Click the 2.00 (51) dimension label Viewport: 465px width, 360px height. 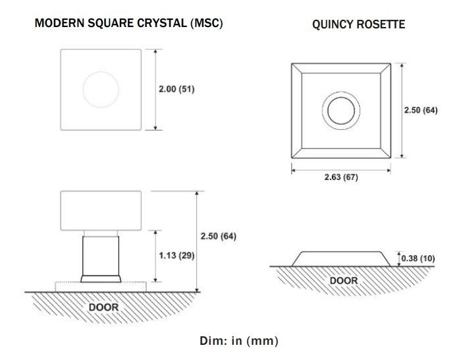[177, 89]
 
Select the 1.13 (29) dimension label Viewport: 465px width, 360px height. [177, 256]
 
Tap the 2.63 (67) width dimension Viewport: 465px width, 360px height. [341, 177]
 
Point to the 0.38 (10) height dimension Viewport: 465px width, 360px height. [418, 258]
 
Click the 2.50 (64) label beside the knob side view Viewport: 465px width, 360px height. [218, 236]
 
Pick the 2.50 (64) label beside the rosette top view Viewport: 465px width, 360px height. [420, 110]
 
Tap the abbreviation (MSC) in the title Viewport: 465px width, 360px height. [207, 23]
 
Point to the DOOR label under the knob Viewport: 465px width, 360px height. [103, 307]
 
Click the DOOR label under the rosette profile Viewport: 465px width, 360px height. [344, 280]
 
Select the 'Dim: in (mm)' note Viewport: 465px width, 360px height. [239, 341]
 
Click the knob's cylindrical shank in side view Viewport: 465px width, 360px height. [101, 256]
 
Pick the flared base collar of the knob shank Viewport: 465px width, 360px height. [101, 279]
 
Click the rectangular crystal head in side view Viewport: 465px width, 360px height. [101, 211]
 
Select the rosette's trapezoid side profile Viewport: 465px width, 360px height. [341, 259]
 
